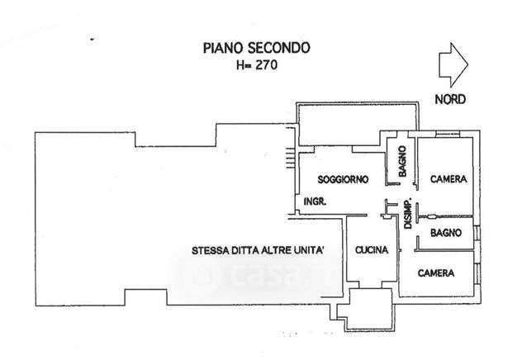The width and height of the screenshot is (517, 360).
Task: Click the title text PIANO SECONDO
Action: pyautogui.click(x=257, y=48)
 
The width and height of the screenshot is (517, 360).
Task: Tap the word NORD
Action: pyautogui.click(x=450, y=100)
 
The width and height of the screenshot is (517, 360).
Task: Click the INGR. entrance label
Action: pyautogui.click(x=314, y=201)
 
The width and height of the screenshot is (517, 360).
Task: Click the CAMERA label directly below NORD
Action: pyautogui.click(x=448, y=179)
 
